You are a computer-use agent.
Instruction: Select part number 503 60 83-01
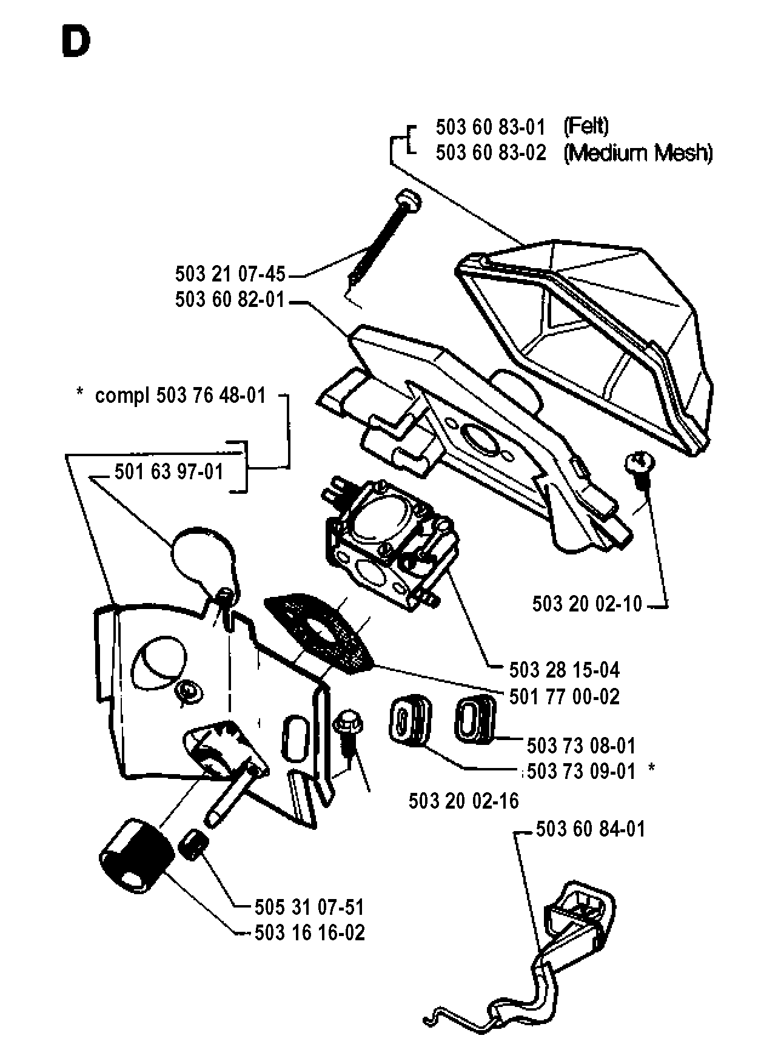point(490,127)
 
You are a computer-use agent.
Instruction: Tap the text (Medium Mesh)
point(638,153)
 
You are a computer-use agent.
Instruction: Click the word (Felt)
point(586,126)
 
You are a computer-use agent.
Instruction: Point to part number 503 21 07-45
point(230,274)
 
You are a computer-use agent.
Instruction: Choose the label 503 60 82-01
point(230,300)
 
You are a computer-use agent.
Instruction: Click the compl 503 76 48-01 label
point(180,396)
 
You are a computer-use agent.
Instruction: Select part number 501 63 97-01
point(169,471)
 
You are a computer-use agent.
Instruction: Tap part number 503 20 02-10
point(587,604)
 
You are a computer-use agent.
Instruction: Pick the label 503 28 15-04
point(565,670)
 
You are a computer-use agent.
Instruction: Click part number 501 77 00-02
point(565,696)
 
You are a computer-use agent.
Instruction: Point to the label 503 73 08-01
point(581,745)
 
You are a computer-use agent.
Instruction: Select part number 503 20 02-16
point(464,801)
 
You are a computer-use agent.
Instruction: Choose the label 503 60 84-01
point(591,829)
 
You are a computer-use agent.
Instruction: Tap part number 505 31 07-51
point(309,908)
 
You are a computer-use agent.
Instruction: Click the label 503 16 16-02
point(309,932)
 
